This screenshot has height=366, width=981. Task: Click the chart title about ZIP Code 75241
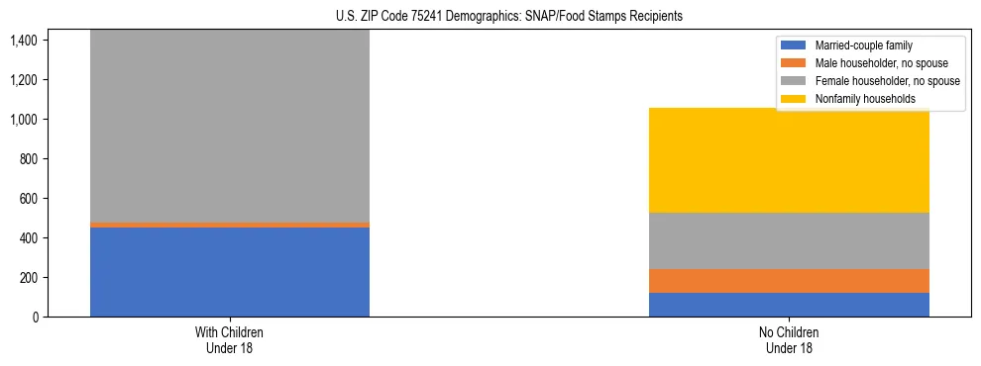[491, 17]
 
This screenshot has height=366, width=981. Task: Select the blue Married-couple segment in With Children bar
[230, 272]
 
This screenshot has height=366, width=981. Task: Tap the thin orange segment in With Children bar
[230, 225]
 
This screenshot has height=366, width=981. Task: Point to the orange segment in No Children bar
[789, 281]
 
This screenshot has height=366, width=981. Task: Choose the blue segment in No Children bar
[789, 305]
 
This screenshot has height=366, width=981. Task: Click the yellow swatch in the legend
[794, 99]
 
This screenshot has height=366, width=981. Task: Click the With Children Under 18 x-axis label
[230, 339]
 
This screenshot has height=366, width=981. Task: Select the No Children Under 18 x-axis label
[789, 339]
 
